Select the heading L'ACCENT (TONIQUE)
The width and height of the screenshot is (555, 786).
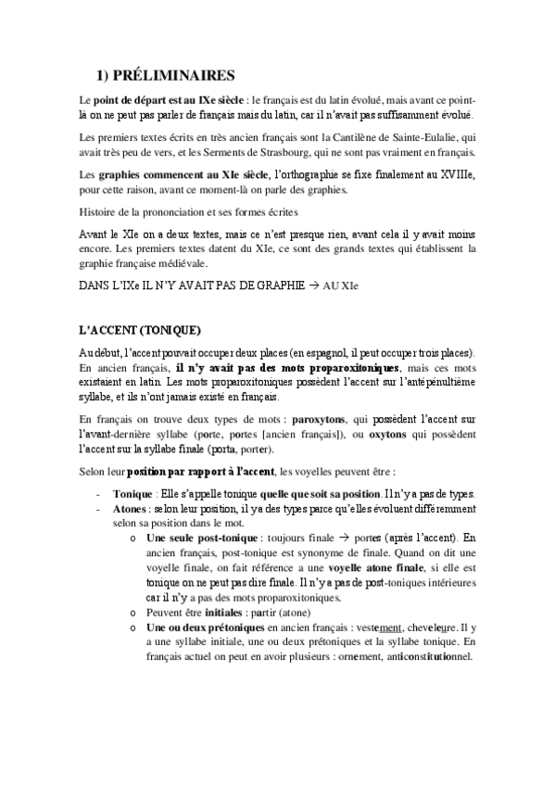pos(139,331)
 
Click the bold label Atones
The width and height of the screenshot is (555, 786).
pos(127,509)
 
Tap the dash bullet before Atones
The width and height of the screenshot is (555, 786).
pos(98,509)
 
